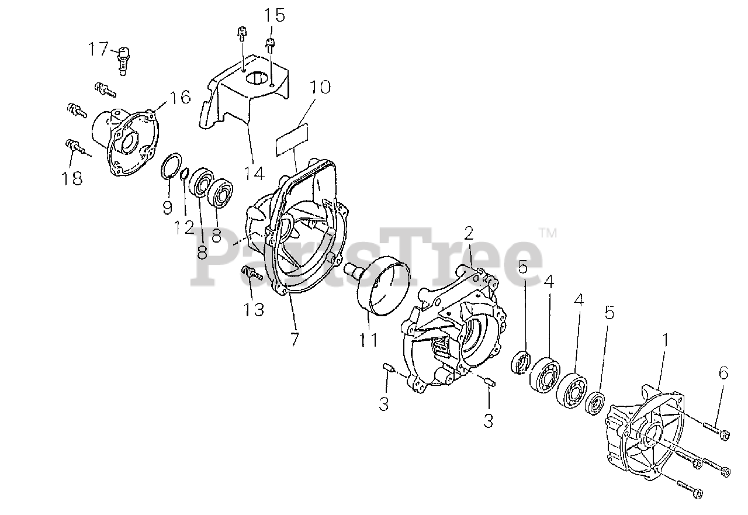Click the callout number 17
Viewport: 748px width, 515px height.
pyautogui.click(x=98, y=49)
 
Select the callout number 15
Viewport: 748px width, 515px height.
pyautogui.click(x=274, y=15)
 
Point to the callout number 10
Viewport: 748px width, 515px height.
pyautogui.click(x=320, y=88)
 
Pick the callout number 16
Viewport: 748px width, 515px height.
pyautogui.click(x=181, y=97)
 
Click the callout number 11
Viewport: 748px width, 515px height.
pyautogui.click(x=368, y=339)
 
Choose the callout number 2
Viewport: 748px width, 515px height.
pyautogui.click(x=469, y=234)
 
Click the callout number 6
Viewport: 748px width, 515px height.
pyautogui.click(x=723, y=372)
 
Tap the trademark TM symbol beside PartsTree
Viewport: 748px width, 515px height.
pyautogui.click(x=548, y=233)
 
